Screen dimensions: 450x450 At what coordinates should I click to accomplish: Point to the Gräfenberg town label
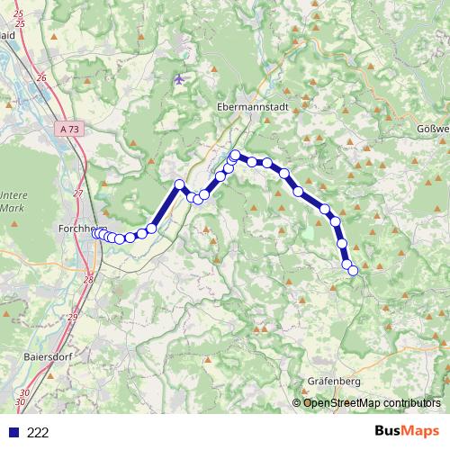tap(334, 381)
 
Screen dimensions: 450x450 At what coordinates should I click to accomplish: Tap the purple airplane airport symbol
tap(179, 79)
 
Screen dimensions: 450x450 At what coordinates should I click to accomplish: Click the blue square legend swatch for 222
tap(12, 432)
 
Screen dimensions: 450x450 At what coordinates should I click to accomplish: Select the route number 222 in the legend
tap(38, 432)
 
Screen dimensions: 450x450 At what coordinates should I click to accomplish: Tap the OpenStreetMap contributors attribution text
tap(372, 402)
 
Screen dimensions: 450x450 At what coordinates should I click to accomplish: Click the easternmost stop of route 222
tap(353, 270)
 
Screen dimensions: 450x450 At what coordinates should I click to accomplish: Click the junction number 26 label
tap(40, 78)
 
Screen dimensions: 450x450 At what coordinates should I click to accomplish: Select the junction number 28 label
tap(88, 280)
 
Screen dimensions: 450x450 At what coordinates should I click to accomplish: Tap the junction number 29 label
tap(72, 316)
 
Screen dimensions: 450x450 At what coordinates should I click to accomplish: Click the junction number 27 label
tap(78, 193)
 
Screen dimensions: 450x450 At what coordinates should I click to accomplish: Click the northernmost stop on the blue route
tap(236, 155)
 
